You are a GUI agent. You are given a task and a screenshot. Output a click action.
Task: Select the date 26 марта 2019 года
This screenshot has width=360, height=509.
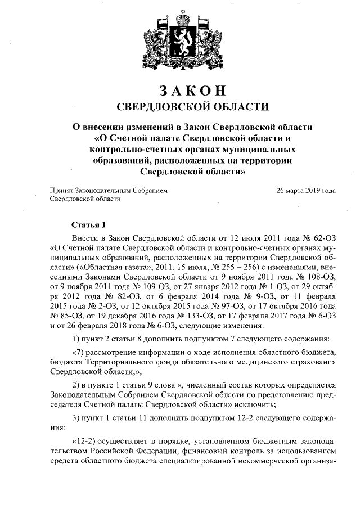[307, 191]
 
